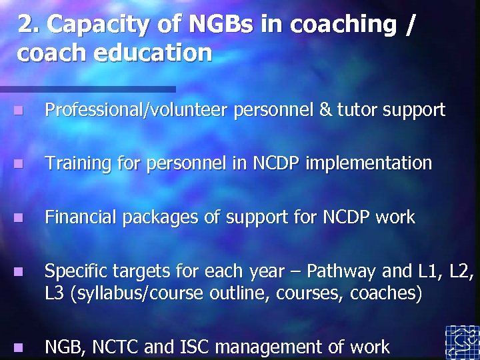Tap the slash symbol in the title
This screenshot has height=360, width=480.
click(x=409, y=25)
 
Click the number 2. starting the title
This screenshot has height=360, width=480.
click(x=27, y=25)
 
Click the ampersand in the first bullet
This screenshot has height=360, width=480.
click(x=326, y=109)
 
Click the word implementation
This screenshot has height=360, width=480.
click(x=369, y=163)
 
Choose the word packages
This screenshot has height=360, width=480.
click(x=145, y=218)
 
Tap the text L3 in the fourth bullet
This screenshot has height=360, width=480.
click(x=54, y=293)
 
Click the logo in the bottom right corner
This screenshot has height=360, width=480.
click(x=462, y=341)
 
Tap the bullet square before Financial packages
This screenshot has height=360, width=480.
click(x=18, y=217)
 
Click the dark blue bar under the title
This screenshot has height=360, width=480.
click(x=87, y=89)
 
